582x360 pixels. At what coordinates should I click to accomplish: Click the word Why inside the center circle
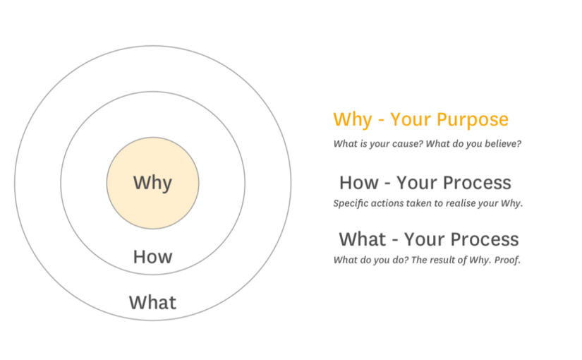pyautogui.click(x=152, y=183)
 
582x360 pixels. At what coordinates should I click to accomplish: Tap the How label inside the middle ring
pyautogui.click(x=152, y=257)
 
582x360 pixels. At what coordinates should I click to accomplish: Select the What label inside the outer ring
pyautogui.click(x=152, y=302)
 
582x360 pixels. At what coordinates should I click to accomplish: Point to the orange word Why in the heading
pyautogui.click(x=353, y=120)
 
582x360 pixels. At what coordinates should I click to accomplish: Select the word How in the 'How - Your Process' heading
pyautogui.click(x=359, y=183)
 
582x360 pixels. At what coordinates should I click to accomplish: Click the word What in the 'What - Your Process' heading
pyautogui.click(x=363, y=239)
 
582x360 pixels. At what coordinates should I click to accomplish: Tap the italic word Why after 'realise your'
pyautogui.click(x=511, y=203)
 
